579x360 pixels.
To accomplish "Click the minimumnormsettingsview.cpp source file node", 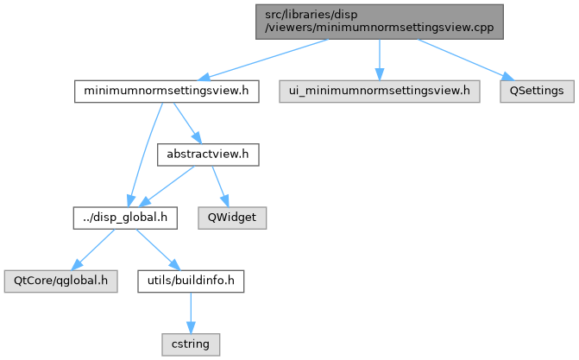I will [379, 21].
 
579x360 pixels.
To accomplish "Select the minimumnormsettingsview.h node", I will [167, 90].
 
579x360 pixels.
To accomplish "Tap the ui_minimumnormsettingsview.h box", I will [379, 90].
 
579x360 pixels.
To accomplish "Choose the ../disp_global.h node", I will [124, 218].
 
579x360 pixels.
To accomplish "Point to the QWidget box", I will [231, 218].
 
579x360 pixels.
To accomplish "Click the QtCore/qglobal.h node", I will [60, 281].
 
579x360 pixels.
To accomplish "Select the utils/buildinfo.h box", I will [191, 281].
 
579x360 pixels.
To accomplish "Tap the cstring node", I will [191, 344].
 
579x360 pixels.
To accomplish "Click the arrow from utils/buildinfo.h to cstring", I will [191, 312].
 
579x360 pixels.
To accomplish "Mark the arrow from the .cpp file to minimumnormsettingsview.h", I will [267, 60].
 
